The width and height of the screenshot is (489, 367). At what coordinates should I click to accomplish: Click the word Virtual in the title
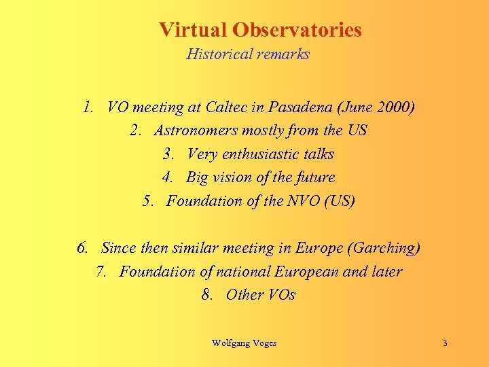[x=193, y=30]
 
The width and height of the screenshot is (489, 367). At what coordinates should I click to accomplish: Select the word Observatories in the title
[x=297, y=30]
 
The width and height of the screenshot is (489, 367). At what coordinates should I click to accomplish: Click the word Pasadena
[x=301, y=107]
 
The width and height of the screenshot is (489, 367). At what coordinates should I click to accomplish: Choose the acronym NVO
[x=304, y=201]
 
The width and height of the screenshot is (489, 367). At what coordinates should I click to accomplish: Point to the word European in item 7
[x=306, y=271]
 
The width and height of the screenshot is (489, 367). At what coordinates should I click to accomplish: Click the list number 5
[x=149, y=201]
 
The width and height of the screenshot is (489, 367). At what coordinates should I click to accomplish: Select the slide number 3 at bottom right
[x=445, y=343]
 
